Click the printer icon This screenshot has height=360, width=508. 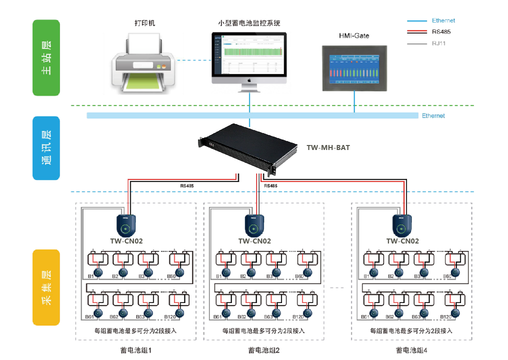[x=142, y=62]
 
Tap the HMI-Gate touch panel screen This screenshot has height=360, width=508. [x=355, y=66]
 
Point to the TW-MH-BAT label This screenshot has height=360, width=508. [x=328, y=148]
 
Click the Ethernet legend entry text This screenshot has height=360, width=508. [x=443, y=21]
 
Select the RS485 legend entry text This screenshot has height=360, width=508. [x=440, y=32]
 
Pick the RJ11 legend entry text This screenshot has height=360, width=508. [x=439, y=43]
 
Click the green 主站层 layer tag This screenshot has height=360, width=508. [x=46, y=58]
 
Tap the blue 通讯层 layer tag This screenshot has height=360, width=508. [x=46, y=148]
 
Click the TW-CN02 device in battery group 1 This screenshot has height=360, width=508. [x=127, y=225]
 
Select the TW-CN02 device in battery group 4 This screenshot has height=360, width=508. [x=403, y=225]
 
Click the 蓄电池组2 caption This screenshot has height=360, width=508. [x=263, y=350]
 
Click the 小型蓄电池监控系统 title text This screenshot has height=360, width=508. [x=249, y=23]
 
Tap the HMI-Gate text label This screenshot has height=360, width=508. [x=354, y=36]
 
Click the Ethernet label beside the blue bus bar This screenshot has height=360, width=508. [x=433, y=116]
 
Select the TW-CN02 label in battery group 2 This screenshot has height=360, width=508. [x=254, y=241]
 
